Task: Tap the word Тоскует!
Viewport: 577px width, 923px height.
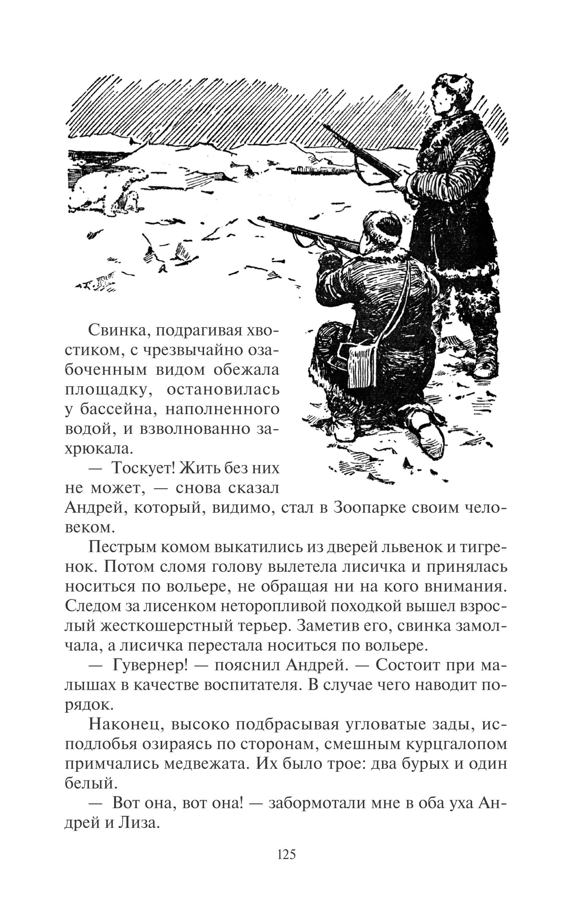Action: (x=143, y=467)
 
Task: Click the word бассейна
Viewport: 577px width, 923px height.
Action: (x=117, y=409)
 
